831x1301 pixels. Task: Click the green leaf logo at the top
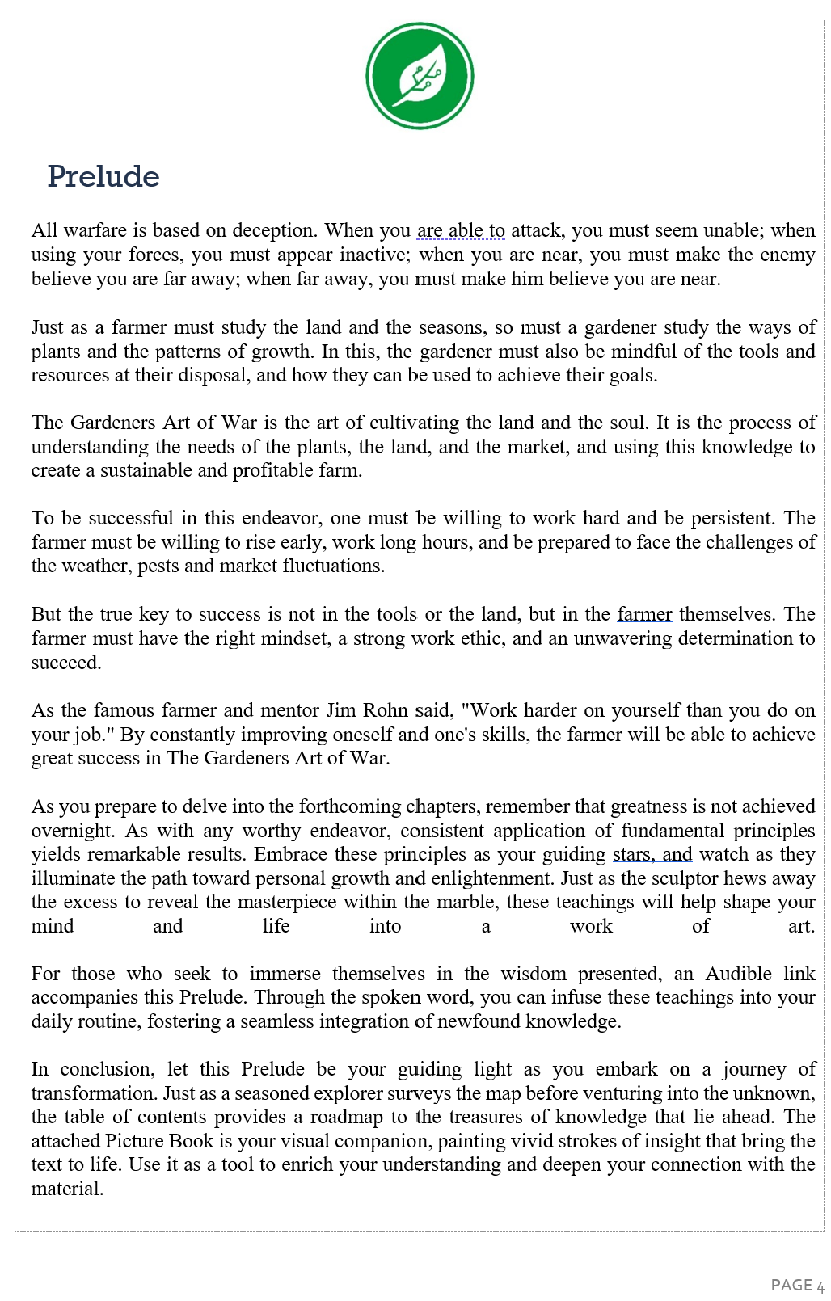[x=420, y=76]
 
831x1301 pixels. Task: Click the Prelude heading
[x=103, y=176]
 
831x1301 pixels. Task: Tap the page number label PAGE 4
[x=797, y=1285]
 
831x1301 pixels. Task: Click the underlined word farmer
[x=644, y=614]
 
